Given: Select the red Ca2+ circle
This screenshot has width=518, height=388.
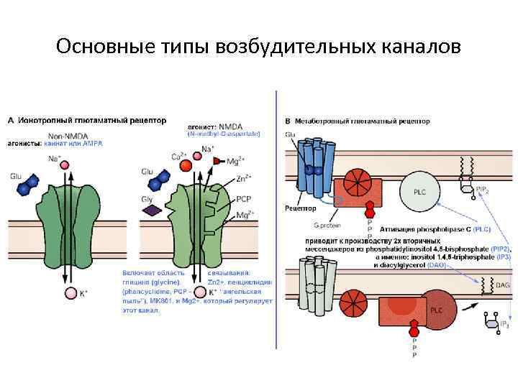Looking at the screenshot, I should coord(186,165).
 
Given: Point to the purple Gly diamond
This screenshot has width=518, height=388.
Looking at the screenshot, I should coord(152,210).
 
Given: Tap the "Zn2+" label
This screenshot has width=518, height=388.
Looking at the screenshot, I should coord(243,176).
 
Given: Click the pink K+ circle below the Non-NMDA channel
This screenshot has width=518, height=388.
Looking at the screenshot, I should coord(71,292).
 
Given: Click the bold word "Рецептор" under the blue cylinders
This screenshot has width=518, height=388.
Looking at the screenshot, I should coord(301,208).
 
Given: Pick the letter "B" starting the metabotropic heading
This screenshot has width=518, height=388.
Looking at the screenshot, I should coord(288,121).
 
